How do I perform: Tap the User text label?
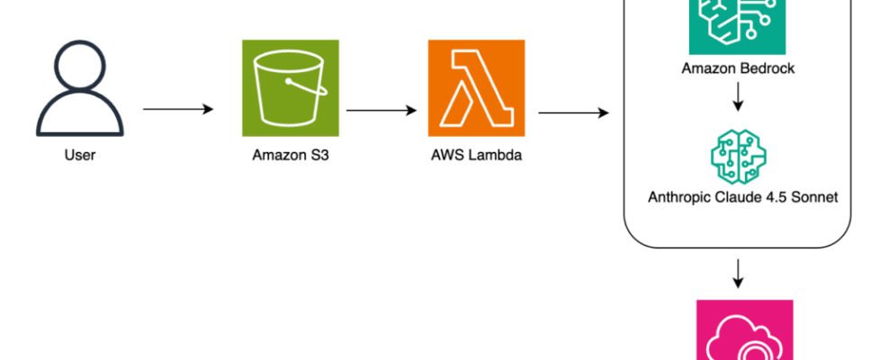point(79,155)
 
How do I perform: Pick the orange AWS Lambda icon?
point(477,86)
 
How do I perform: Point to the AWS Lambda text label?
point(477,155)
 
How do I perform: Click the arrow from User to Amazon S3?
point(178,110)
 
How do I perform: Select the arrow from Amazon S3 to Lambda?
point(382,112)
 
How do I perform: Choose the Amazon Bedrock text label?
point(738,68)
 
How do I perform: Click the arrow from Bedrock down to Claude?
point(738,98)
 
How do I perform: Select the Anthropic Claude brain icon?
point(738,154)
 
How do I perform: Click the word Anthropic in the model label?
point(679,196)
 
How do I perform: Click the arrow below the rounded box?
point(738,273)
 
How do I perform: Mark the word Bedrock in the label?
point(766,68)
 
